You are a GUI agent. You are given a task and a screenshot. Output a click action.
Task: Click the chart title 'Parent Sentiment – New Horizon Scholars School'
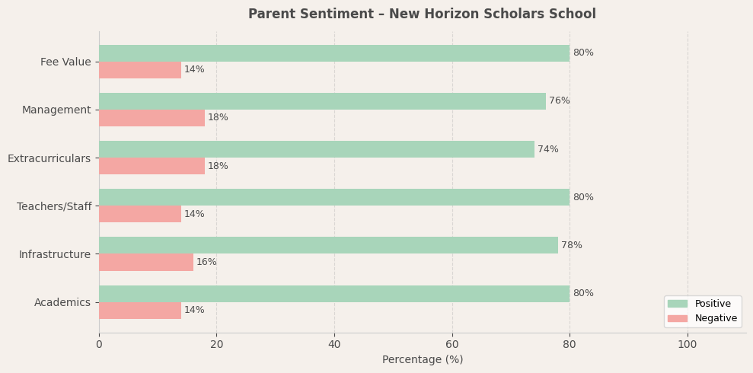click(x=422, y=14)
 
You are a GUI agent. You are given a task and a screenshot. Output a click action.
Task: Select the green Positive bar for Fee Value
click(x=334, y=53)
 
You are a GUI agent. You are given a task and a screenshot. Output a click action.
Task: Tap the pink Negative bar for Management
click(x=152, y=118)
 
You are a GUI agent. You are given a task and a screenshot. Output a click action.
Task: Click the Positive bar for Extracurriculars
click(x=317, y=149)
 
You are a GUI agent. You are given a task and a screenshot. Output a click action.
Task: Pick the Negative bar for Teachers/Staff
click(x=140, y=214)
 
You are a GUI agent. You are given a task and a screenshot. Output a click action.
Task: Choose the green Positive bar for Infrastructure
click(x=328, y=245)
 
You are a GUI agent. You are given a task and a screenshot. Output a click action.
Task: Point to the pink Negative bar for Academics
click(x=140, y=311)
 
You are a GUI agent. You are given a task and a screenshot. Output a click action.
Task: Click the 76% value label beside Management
click(x=559, y=101)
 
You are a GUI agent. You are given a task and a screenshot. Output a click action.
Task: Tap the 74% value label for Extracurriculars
click(x=547, y=150)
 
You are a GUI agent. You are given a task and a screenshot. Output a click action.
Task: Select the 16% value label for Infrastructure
click(x=206, y=263)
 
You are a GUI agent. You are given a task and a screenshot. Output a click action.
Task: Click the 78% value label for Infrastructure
click(x=571, y=246)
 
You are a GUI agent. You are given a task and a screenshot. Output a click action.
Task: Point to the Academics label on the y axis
click(x=62, y=303)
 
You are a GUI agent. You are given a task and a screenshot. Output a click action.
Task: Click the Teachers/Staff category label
click(x=54, y=207)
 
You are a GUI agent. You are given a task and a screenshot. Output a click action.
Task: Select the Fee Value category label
click(x=65, y=62)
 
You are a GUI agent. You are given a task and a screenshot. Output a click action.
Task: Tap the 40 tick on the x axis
click(x=334, y=345)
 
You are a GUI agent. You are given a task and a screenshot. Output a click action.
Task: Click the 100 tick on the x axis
click(x=687, y=345)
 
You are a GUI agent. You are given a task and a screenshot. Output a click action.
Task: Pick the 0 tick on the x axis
click(x=99, y=345)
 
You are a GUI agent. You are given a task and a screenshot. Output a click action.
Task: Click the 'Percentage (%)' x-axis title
click(x=422, y=360)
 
